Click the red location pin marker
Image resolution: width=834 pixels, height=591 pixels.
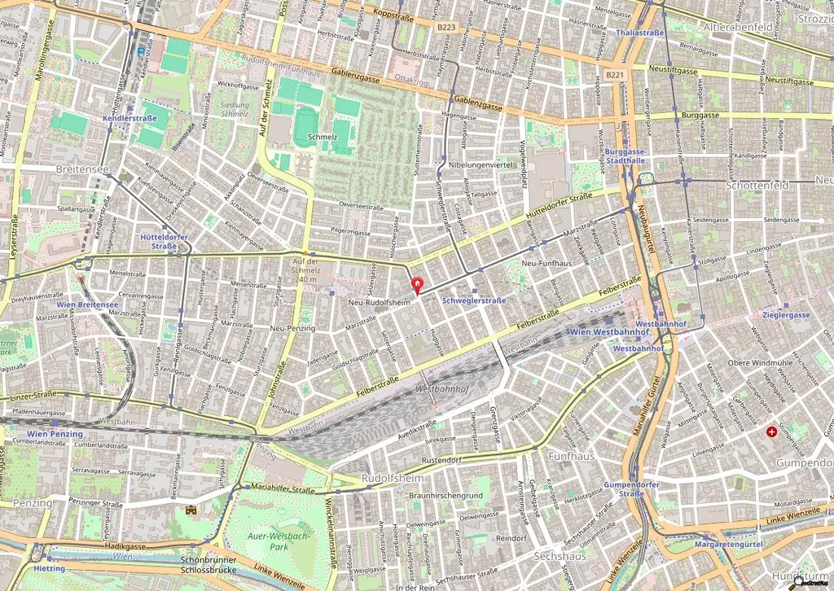coord(419,286)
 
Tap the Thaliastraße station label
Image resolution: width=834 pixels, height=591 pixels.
coord(642,33)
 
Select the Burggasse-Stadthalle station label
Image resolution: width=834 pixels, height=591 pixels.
coord(625,156)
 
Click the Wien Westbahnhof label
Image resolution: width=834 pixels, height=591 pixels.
coord(603,332)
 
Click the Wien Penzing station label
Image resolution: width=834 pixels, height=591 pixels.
coord(55,434)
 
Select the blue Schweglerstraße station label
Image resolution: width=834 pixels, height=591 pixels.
coord(474,300)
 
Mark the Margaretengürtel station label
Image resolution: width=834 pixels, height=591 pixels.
coord(726,543)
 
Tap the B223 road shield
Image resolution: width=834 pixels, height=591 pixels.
coord(445,27)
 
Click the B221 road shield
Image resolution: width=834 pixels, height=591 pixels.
coord(615,76)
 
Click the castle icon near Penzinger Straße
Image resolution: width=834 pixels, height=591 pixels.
coord(192,510)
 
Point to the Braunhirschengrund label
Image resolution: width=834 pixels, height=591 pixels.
coord(446,495)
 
